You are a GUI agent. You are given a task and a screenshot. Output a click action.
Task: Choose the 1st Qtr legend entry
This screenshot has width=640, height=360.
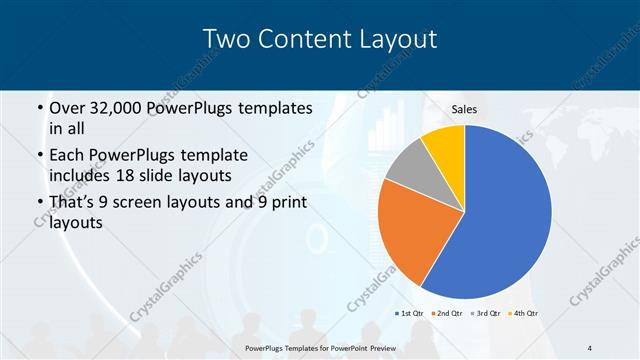click(410, 313)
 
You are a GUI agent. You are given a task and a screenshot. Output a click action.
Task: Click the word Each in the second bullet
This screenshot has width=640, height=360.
click(67, 156)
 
